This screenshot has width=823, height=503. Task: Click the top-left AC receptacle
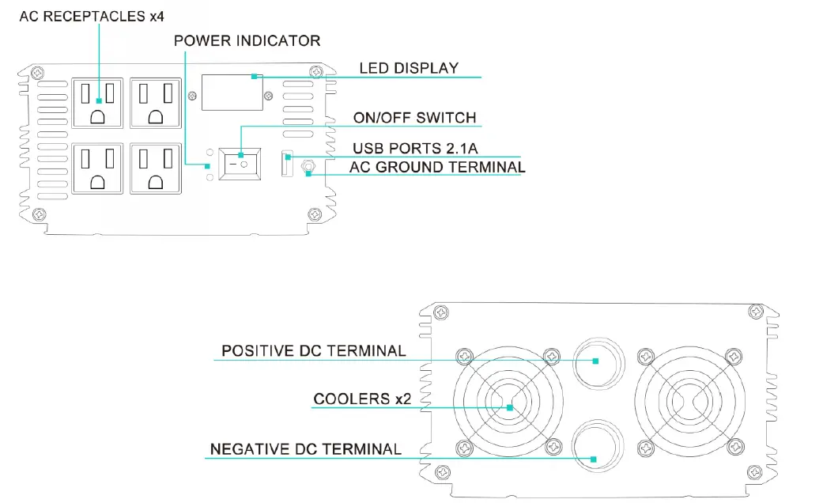pos(98,102)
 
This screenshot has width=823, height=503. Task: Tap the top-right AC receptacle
pos(155,102)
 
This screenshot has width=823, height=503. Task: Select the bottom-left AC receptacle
pos(98,168)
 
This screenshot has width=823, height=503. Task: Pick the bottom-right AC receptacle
pos(155,168)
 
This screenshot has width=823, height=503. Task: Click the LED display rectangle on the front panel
pos(232,93)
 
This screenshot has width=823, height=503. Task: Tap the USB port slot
pos(287,165)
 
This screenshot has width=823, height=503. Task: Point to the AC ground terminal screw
pos(308,167)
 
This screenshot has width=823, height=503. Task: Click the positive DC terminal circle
pos(597,361)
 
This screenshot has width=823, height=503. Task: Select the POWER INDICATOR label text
pos(247,40)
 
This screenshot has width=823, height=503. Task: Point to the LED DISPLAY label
pos(409,68)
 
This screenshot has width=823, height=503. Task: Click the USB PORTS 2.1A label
pos(414,148)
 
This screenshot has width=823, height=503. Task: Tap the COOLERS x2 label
pos(362,399)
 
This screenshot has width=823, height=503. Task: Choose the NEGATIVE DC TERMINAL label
pos(305,449)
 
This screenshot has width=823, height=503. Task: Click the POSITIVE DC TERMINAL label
pos(313,350)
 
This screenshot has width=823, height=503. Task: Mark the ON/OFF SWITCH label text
pos(414,118)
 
